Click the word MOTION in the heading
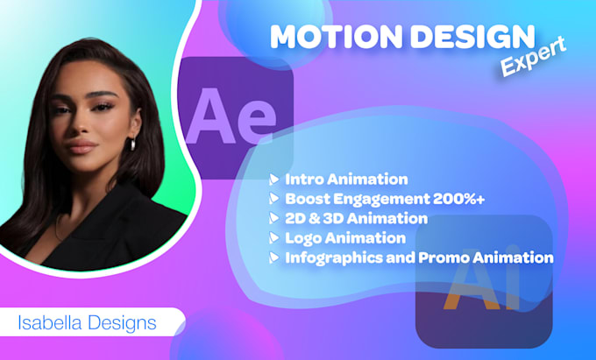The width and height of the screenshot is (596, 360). pos(336,37)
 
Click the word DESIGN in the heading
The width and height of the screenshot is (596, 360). pos(473,37)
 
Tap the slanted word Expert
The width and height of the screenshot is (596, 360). pos(533,57)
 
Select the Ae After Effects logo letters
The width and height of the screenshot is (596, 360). pos(231,116)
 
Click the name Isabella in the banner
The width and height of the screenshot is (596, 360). pos(50,323)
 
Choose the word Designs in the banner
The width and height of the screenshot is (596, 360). pos(122,323)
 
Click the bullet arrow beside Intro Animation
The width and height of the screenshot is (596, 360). pos(273,180)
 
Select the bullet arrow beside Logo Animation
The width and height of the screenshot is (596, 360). pos(273,237)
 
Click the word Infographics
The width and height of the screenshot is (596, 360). pos(334,258)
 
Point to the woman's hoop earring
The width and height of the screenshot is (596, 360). pos(132,143)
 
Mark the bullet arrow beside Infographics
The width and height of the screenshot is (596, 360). pos(273,258)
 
